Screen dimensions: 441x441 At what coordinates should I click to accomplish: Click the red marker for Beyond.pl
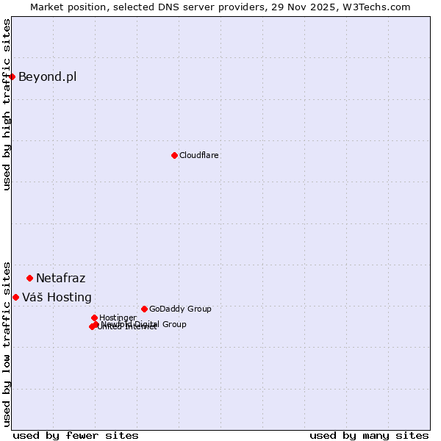(x=12, y=76)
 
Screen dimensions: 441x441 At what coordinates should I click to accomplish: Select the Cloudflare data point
(x=174, y=155)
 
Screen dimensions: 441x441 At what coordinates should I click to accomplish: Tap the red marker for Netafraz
(x=29, y=278)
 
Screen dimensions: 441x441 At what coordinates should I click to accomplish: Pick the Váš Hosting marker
(x=15, y=297)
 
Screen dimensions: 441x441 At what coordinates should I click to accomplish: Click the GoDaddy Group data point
(x=144, y=309)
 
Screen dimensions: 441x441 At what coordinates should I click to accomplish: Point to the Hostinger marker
(x=94, y=318)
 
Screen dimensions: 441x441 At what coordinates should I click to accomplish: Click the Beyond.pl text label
(x=47, y=76)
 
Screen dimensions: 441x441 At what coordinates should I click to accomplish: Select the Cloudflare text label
(x=198, y=155)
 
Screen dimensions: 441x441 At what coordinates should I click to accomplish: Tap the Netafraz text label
(x=60, y=278)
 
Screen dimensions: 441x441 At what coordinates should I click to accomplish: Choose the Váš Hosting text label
(x=57, y=297)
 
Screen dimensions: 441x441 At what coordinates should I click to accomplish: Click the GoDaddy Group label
(x=180, y=309)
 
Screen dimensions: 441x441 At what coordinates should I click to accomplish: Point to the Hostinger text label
(x=118, y=318)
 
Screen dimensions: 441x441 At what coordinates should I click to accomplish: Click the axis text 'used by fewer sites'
(x=76, y=435)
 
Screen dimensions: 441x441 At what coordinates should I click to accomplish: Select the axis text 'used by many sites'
(x=369, y=435)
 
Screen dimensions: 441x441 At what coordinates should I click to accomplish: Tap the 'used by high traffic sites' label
(x=7, y=104)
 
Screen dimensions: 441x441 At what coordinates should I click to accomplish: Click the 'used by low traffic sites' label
(x=7, y=343)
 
